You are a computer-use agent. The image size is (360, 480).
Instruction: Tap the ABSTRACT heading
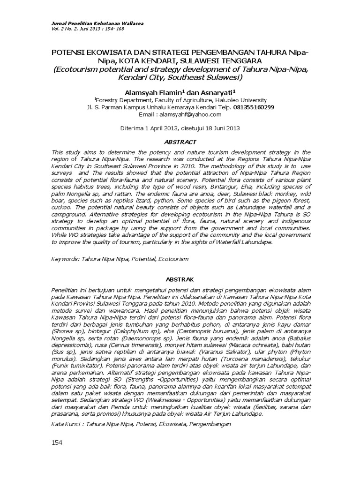coord(180,141)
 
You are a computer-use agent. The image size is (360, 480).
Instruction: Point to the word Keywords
coord(65,258)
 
